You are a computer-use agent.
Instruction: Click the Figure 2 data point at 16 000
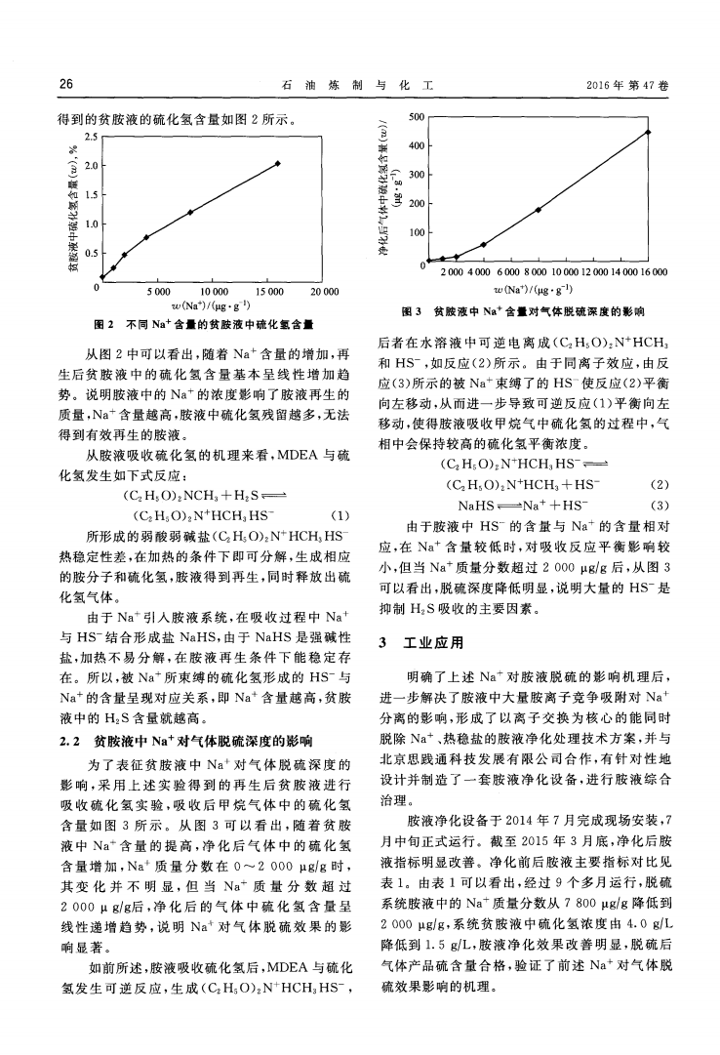pyautogui.click(x=278, y=164)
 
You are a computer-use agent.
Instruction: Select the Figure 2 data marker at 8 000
pyautogui.click(x=190, y=212)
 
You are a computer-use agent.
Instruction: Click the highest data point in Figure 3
pyautogui.click(x=648, y=132)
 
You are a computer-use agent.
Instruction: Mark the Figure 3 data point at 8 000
pyautogui.click(x=538, y=210)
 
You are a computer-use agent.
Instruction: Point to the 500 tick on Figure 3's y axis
pyautogui.click(x=417, y=117)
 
